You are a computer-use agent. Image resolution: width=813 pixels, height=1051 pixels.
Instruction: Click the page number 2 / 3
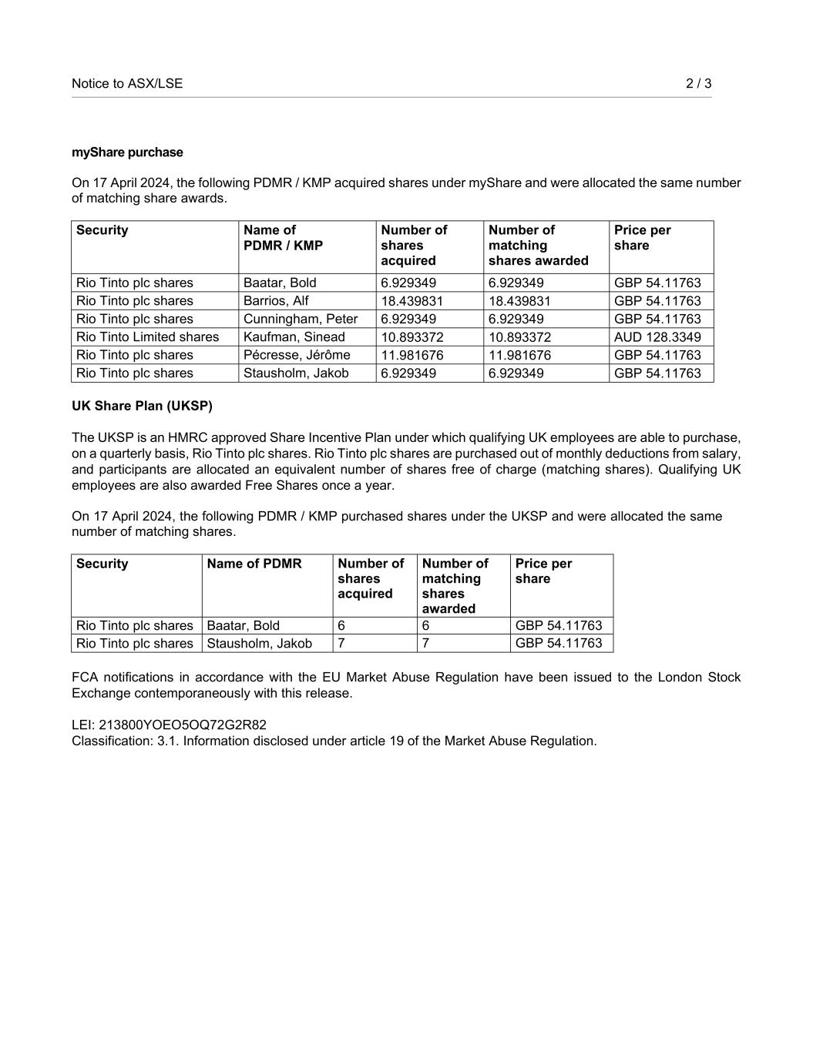coord(698,83)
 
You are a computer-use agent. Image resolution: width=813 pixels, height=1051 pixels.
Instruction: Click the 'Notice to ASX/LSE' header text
coord(127,83)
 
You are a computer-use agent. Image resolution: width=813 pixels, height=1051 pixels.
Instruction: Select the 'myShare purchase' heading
coord(127,152)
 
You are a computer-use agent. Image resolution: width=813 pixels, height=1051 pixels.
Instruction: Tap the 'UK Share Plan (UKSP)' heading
coord(142,406)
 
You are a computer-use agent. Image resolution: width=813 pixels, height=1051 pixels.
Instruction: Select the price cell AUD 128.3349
coord(657,337)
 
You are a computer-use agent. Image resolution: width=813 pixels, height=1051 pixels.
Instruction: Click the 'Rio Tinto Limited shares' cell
coord(147,337)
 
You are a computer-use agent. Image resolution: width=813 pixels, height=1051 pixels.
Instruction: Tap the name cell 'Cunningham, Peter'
coord(301,319)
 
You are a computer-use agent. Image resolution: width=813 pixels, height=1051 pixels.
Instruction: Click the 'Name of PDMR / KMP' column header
coord(283,238)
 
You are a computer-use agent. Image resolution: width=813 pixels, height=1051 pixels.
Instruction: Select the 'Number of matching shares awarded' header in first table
coord(538,245)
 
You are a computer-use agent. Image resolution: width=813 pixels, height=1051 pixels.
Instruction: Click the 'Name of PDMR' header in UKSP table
coord(254,564)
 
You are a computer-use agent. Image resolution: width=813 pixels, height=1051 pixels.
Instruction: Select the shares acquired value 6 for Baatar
coord(341,626)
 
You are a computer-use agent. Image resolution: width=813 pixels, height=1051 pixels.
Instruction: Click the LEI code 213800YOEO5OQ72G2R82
coord(183,725)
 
